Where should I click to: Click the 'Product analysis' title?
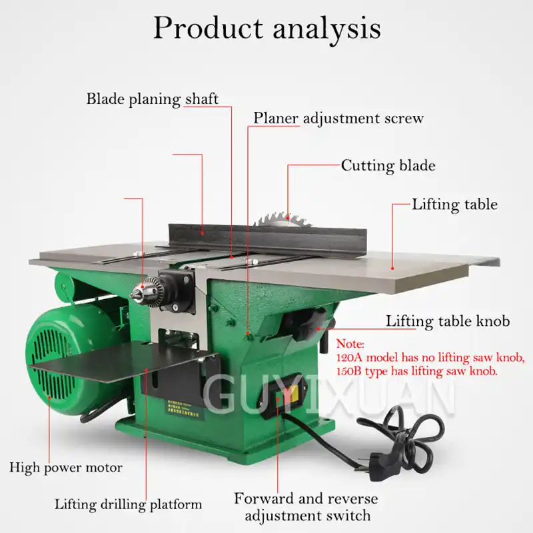(x=266, y=28)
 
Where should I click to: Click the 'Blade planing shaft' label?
(x=153, y=99)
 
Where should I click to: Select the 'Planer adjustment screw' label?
(x=338, y=119)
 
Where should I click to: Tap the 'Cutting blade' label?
(x=388, y=165)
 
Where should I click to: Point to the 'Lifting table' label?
(x=454, y=204)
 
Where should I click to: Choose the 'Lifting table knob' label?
(x=448, y=321)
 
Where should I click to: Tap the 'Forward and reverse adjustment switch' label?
(x=306, y=506)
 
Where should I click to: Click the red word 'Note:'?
(x=350, y=344)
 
